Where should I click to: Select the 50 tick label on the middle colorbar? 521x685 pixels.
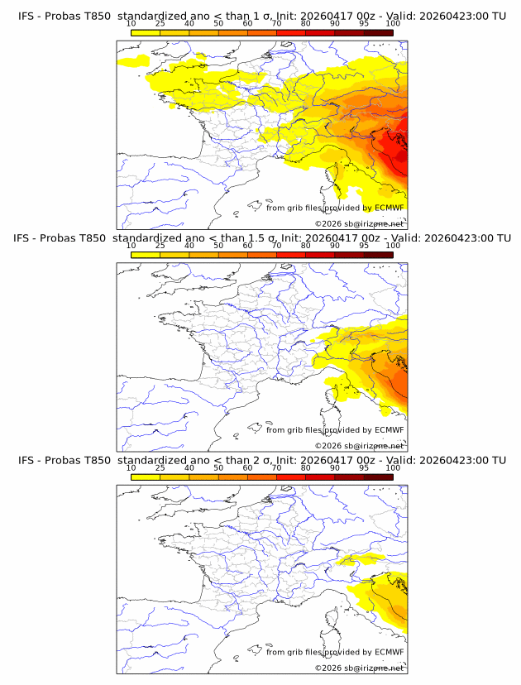pyautogui.click(x=218, y=246)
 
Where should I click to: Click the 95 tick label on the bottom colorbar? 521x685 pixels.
pyautogui.click(x=364, y=468)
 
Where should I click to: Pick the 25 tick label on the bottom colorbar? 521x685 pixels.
pyautogui.click(x=160, y=468)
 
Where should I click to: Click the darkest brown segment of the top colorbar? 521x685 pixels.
pyautogui.click(x=379, y=32)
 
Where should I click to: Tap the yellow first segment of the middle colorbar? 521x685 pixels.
pyautogui.click(x=145, y=255)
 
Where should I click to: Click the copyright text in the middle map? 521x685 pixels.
pyautogui.click(x=359, y=446)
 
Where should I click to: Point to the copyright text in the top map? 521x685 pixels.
pyautogui.click(x=359, y=223)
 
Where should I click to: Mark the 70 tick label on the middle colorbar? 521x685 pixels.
pyautogui.click(x=276, y=246)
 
